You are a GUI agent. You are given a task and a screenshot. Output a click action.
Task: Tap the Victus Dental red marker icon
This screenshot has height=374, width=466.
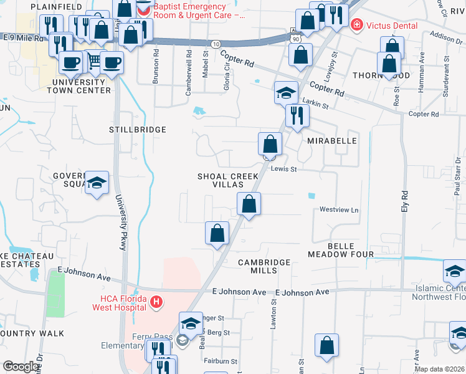(357, 26)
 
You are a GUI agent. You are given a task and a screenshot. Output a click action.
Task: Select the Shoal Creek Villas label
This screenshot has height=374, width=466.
(228, 181)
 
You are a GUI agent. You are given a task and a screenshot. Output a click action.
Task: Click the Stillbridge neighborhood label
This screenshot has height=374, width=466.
(138, 130)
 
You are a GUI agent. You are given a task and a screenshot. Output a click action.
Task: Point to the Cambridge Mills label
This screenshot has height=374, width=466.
(265, 266)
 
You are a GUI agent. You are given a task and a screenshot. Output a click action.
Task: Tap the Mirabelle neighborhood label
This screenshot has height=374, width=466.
(332, 141)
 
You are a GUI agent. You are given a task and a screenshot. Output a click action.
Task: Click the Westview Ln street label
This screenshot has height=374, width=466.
(340, 210)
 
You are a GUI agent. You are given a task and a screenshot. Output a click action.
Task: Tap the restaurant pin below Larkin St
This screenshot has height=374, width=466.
(297, 115)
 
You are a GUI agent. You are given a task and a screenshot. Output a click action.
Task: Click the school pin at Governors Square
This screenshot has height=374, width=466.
(97, 183)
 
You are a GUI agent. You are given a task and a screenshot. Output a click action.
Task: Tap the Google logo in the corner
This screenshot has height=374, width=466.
(20, 367)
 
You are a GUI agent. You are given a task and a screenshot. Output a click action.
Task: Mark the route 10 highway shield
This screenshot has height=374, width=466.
(215, 44)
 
